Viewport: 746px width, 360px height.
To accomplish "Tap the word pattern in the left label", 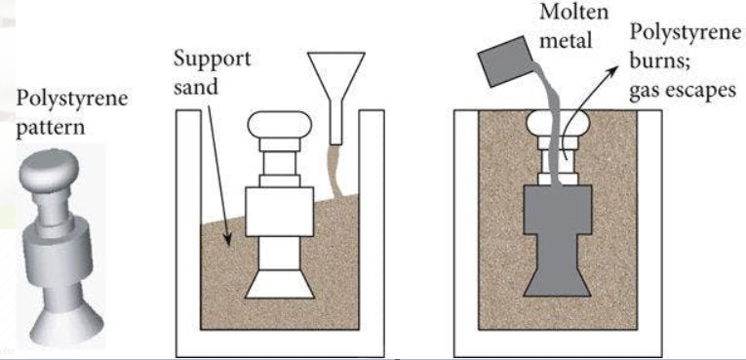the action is pos(51,129).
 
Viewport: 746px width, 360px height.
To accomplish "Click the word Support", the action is pos(212,60).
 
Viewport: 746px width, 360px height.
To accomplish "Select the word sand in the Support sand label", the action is pos(194,87).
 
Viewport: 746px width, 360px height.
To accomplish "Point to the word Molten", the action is pos(573,12).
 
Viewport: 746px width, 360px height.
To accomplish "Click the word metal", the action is pos(566,40).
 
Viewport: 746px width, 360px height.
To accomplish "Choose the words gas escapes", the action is pos(683,90).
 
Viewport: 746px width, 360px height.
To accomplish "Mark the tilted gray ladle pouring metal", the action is pos(505,61).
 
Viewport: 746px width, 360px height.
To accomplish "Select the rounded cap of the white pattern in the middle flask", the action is pos(280,124).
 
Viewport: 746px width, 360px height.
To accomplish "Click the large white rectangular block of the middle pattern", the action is pos(279,212).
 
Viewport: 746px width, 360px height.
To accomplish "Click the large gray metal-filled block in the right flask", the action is pos(558,210).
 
